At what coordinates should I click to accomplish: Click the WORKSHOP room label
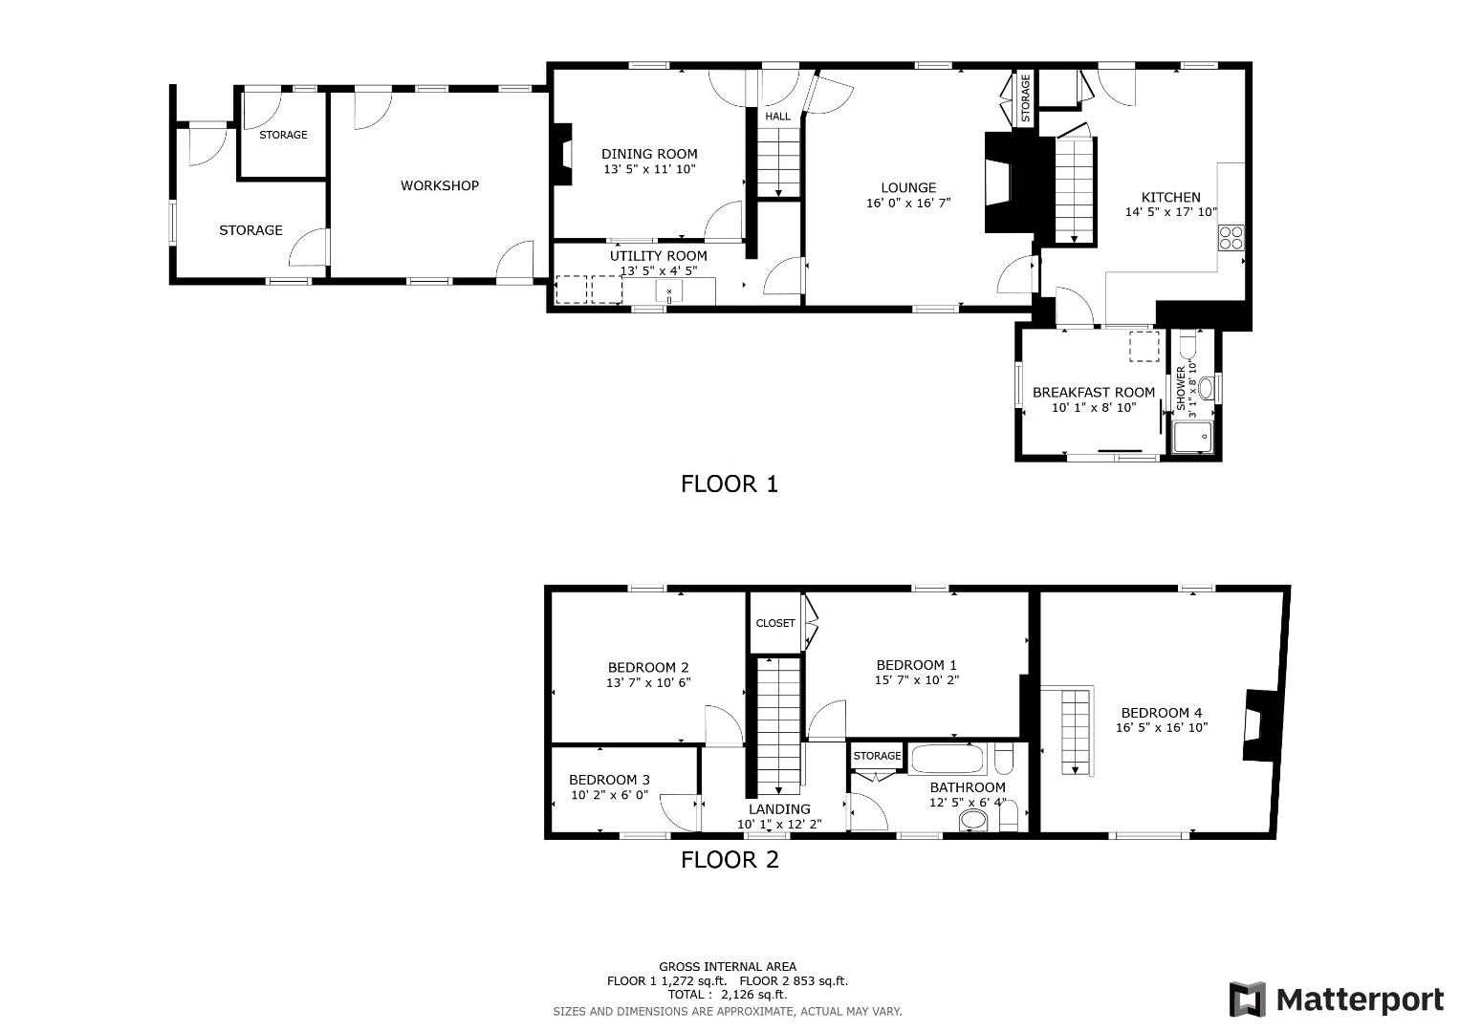pyautogui.click(x=439, y=185)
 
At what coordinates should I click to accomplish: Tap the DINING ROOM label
pyautogui.click(x=649, y=154)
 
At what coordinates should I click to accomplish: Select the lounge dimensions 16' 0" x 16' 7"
pyautogui.click(x=907, y=204)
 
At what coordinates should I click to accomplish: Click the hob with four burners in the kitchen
pyautogui.click(x=1231, y=236)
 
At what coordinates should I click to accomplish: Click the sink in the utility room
pyautogui.click(x=668, y=291)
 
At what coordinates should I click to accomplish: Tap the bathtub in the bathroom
pyautogui.click(x=947, y=760)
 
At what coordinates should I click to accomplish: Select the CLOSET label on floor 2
pyautogui.click(x=774, y=623)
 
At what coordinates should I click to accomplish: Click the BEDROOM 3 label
pyautogui.click(x=609, y=780)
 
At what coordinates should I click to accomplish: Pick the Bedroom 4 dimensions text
pyautogui.click(x=1162, y=727)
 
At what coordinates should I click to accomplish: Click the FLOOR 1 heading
pyautogui.click(x=730, y=484)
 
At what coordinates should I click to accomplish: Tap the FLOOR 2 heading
pyautogui.click(x=730, y=860)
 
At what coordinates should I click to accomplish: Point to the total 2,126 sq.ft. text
pyautogui.click(x=727, y=995)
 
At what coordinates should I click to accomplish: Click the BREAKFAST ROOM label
pyautogui.click(x=1093, y=393)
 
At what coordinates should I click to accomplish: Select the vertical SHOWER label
pyautogui.click(x=1181, y=388)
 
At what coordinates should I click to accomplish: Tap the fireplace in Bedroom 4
pyautogui.click(x=1255, y=725)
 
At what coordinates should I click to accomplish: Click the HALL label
pyautogui.click(x=777, y=117)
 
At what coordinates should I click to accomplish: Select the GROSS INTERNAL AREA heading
pyautogui.click(x=727, y=967)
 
